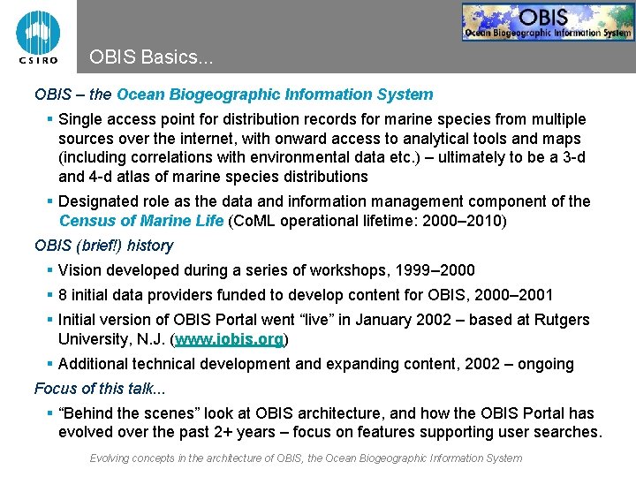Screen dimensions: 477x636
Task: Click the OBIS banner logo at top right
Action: pyautogui.click(x=548, y=22)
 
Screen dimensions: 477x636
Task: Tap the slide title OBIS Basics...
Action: pyautogui.click(x=151, y=58)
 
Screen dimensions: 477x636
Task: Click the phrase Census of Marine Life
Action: pyautogui.click(x=141, y=221)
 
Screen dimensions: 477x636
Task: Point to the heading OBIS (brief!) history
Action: pyautogui.click(x=103, y=246)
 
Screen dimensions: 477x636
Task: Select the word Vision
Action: pyautogui.click(x=79, y=270)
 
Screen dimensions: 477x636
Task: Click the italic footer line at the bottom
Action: pyautogui.click(x=306, y=458)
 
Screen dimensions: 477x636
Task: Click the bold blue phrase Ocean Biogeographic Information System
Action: pyautogui.click(x=275, y=95)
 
